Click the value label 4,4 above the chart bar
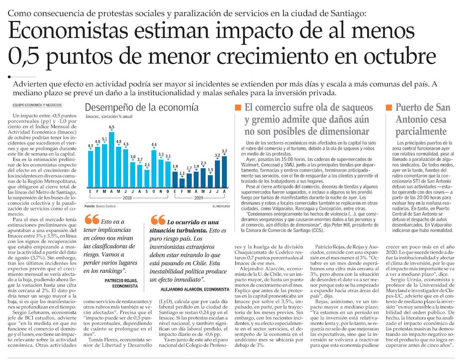(x=154, y=145)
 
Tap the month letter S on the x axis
(x=147, y=192)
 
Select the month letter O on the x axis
(x=154, y=192)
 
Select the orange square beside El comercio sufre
(x=238, y=107)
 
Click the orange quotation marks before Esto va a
(x=91, y=219)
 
